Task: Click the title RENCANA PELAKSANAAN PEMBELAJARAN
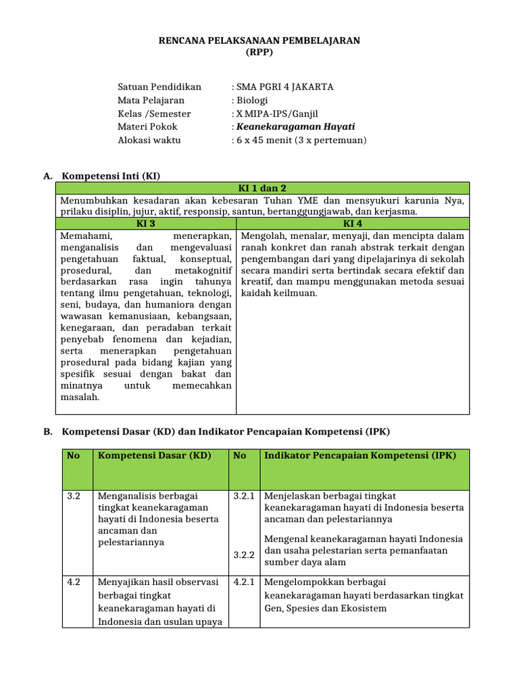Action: [x=259, y=40]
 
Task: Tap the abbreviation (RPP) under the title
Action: [x=259, y=53]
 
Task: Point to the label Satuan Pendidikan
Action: [x=159, y=87]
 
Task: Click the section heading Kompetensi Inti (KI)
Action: [x=111, y=176]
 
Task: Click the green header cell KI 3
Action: [x=146, y=223]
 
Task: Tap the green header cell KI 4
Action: [x=352, y=223]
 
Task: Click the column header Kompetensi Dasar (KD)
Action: [x=155, y=455]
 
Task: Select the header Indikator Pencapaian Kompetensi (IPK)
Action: [x=360, y=455]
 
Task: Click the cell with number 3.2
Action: [x=74, y=496]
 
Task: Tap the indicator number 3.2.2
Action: [x=243, y=555]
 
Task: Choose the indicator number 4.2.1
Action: [x=243, y=582]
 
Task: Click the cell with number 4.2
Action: [x=74, y=582]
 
